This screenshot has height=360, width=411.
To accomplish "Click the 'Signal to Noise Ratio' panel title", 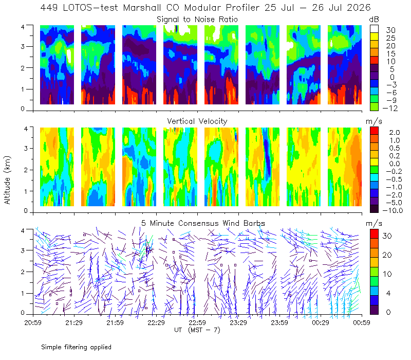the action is click(197, 20).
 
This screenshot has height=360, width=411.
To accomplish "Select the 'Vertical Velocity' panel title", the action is click(197, 121).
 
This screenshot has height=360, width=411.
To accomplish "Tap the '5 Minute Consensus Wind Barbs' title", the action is click(203, 223).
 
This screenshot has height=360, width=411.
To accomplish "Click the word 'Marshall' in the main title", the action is click(142, 8).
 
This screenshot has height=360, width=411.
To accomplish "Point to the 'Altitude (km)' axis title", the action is click(7, 180).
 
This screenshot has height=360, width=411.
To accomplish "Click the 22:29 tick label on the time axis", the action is click(156, 322).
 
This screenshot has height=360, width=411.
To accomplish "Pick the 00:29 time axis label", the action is click(320, 322).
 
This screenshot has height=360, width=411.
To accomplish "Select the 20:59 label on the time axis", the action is click(33, 322).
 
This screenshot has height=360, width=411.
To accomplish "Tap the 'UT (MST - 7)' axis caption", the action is click(197, 330).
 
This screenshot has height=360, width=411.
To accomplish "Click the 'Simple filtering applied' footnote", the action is click(76, 347).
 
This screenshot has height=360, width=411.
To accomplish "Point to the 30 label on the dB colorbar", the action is click(390, 30).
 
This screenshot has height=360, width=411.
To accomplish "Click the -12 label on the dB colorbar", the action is click(390, 108).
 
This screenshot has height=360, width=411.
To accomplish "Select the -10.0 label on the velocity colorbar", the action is click(393, 210).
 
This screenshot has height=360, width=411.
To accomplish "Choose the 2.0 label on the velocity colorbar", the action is click(395, 132).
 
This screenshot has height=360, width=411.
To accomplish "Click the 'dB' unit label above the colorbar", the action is click(374, 20).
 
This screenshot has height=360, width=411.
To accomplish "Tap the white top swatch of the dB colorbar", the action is click(374, 29).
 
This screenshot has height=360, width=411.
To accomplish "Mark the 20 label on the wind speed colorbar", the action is click(387, 255).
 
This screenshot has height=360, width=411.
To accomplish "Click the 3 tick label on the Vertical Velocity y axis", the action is click(26, 149).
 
